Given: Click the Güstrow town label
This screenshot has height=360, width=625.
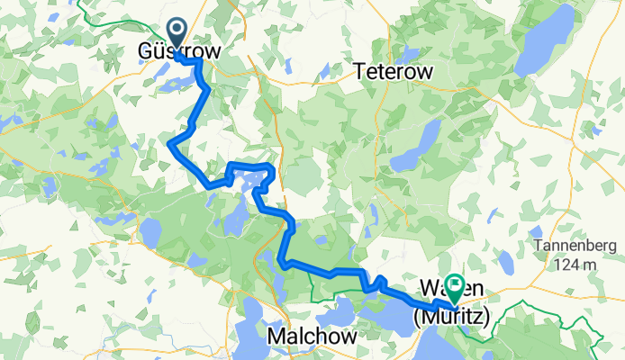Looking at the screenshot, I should [x=178, y=52].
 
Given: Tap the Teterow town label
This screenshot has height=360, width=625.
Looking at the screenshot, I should [x=394, y=70].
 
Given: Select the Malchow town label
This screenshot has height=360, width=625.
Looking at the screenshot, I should [x=312, y=335].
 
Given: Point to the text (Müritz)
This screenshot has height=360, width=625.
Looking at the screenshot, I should [x=451, y=317].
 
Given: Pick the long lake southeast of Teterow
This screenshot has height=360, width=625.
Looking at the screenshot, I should [x=419, y=144].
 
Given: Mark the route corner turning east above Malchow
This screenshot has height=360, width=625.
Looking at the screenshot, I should [x=285, y=263].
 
